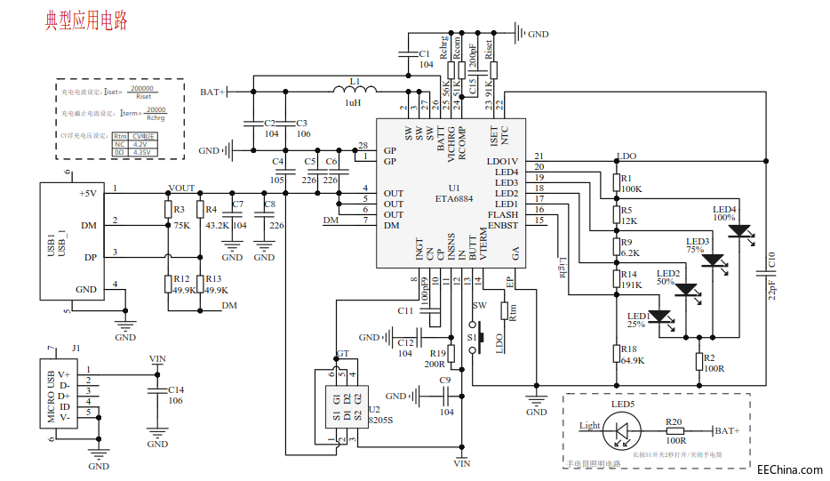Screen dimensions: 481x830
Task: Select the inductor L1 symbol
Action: [355, 90]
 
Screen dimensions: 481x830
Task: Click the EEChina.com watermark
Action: [789, 469]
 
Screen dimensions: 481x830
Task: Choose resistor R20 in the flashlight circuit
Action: [675, 430]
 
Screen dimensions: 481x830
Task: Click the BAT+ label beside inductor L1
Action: [213, 91]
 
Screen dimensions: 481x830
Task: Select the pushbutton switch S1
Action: [480, 338]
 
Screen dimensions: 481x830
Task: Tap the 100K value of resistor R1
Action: [632, 189]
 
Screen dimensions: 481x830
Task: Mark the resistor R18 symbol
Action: [617, 354]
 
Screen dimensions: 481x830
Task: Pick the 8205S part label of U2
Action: [380, 419]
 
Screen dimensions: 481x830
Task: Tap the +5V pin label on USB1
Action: [87, 193]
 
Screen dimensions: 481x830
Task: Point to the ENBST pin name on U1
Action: [503, 225]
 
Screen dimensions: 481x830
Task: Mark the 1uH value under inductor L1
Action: [353, 103]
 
